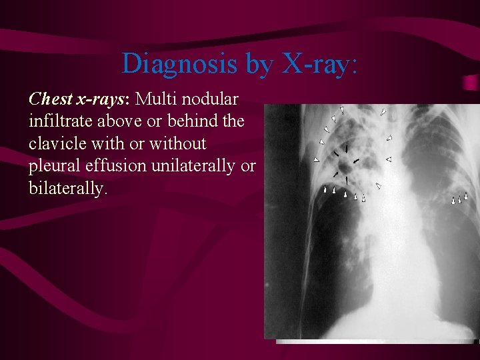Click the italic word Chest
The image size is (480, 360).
pyautogui.click(x=51, y=99)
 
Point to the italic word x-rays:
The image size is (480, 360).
pyautogui.click(x=104, y=99)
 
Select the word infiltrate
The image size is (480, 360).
pyautogui.click(x=59, y=121)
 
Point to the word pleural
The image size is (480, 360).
pyautogui.click(x=53, y=166)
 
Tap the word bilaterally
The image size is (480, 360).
pyautogui.click(x=67, y=189)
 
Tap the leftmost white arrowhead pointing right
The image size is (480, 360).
pyautogui.click(x=316, y=160)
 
